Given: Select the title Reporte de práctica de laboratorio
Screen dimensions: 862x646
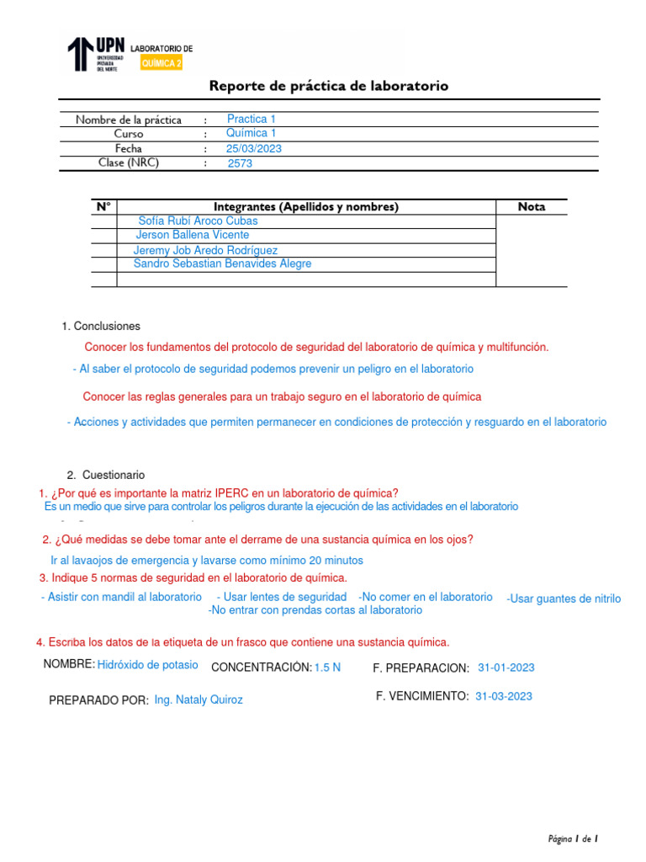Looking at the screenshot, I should pos(328,86).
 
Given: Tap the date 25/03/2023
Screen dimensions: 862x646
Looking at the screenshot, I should pos(254,148).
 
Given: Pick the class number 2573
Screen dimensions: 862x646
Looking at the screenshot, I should pos(240,164).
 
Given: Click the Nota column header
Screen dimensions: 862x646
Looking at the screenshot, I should pos(532,206).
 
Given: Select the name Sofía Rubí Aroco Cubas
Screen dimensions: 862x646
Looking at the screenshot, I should pos(198,221).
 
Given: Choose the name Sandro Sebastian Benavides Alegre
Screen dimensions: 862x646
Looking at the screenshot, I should pos(222,263).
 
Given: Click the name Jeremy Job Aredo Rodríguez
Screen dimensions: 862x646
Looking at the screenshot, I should pos(205,250).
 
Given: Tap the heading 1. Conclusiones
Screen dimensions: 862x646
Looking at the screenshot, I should pos(101,326).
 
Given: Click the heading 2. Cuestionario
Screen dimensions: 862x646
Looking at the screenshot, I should pos(106,475).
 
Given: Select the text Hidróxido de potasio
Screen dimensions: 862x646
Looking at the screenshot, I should pos(148,665).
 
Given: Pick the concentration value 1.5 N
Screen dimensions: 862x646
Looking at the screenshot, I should pos(327,668).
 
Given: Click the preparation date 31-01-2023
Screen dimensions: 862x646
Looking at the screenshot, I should pos(506,668).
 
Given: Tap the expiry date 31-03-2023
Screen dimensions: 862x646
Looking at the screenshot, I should pos(503,696).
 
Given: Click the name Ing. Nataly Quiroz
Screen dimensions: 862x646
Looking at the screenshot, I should pos(199,700).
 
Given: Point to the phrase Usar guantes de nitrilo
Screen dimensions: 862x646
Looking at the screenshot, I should pos(564,599).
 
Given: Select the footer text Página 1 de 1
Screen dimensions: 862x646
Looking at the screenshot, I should pos(572,838).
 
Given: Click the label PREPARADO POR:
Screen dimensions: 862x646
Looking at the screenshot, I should pos(99,700).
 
